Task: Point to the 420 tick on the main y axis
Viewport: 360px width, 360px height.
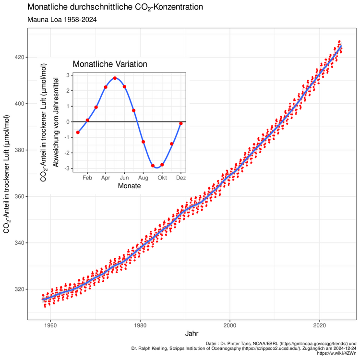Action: click(x=19, y=57)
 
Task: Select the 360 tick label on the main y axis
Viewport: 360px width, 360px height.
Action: click(x=19, y=196)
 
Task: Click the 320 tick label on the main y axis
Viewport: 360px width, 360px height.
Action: click(x=19, y=289)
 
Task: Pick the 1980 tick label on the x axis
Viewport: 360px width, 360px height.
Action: click(x=140, y=324)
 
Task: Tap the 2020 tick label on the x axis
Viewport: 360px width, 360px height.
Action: click(x=320, y=324)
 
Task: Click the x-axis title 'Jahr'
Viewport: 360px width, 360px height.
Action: click(x=191, y=333)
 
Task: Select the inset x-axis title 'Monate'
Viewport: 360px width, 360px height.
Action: click(x=129, y=186)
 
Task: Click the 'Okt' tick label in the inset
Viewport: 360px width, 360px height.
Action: click(x=162, y=178)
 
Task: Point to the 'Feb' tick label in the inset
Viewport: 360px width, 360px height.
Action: click(x=87, y=178)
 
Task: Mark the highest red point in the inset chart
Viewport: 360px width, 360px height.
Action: click(x=115, y=78)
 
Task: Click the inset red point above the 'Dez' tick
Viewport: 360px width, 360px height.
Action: click(x=180, y=123)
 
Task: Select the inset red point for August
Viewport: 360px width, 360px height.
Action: click(x=143, y=142)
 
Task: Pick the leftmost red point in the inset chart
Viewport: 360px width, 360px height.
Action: click(x=78, y=132)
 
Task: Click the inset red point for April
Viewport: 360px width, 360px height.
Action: click(x=106, y=87)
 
